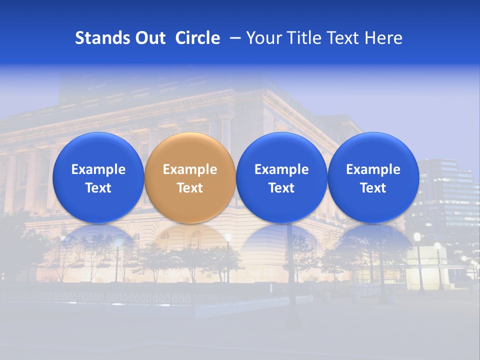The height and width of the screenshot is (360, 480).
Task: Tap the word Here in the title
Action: [383, 38]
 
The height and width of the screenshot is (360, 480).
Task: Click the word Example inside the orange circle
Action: [190, 169]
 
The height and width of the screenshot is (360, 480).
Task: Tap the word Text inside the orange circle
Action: [190, 188]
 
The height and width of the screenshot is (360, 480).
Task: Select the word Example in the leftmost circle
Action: [98, 169]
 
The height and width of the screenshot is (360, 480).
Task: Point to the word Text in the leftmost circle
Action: [98, 188]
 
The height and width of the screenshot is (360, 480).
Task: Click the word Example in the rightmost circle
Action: [373, 169]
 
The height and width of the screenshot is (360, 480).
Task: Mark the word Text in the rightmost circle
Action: [373, 188]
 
